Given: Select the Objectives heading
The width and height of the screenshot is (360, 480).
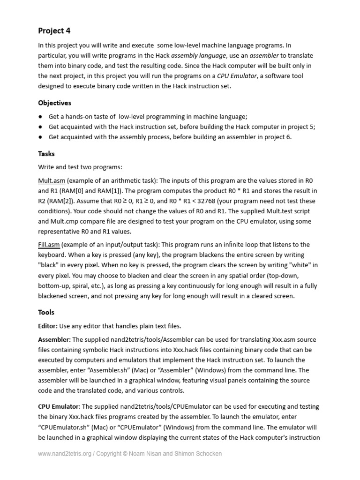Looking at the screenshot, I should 54,103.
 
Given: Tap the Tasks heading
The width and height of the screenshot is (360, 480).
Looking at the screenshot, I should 46,153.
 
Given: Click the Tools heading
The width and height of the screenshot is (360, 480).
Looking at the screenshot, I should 46,312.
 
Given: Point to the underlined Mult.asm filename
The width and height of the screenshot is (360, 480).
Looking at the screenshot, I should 51,180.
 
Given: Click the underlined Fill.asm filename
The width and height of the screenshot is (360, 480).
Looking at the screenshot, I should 48,245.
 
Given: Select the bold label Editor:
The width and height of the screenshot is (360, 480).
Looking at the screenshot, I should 48,326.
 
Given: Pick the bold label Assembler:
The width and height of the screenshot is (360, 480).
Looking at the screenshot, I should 54,340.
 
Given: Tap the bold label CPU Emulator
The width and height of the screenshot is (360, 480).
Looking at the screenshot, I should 59,406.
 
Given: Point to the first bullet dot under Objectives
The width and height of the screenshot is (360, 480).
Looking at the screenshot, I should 41,117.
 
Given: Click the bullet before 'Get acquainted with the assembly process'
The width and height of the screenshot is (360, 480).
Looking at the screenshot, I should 41,137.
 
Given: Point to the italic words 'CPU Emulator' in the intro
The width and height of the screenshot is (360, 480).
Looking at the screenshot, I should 237,76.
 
